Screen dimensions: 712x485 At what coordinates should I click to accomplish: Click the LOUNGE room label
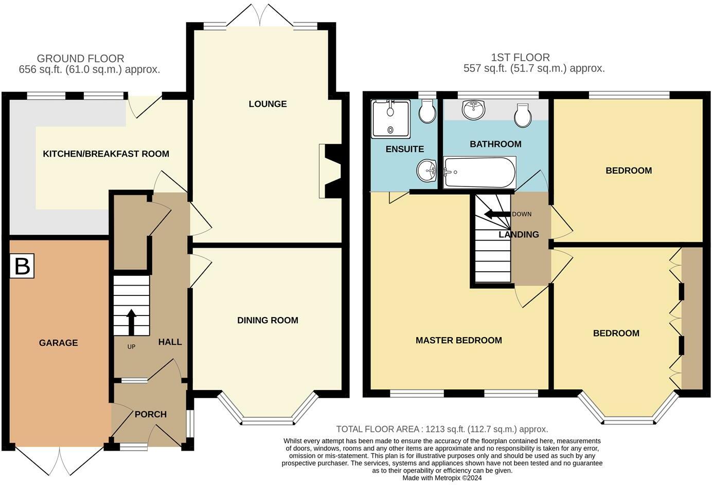(268, 104)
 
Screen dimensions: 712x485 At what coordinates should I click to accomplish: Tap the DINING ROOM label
(268, 320)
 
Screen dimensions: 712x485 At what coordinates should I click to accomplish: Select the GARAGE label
(59, 343)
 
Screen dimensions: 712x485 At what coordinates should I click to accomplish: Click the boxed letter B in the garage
(22, 266)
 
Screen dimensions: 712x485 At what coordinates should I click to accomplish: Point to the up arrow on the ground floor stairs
(131, 322)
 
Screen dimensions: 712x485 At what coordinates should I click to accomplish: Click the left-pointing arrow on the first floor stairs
(497, 214)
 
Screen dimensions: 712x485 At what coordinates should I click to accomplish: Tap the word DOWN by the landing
(522, 214)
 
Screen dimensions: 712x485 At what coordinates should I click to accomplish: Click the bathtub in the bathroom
(479, 172)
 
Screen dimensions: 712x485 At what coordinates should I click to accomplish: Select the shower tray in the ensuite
(390, 119)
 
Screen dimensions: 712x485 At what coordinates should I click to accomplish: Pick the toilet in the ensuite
(428, 111)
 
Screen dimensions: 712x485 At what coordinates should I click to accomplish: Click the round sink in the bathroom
(474, 110)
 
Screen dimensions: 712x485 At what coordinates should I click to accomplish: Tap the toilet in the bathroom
(523, 116)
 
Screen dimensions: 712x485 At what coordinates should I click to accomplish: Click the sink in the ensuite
(427, 171)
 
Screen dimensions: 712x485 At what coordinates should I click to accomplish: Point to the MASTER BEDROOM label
(459, 340)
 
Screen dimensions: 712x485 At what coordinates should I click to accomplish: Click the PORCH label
(151, 414)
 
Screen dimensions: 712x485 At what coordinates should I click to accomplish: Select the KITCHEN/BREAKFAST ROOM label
(106, 154)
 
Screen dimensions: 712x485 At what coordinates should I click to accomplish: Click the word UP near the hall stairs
(131, 347)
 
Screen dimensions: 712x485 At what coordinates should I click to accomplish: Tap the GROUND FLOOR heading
(80, 59)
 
